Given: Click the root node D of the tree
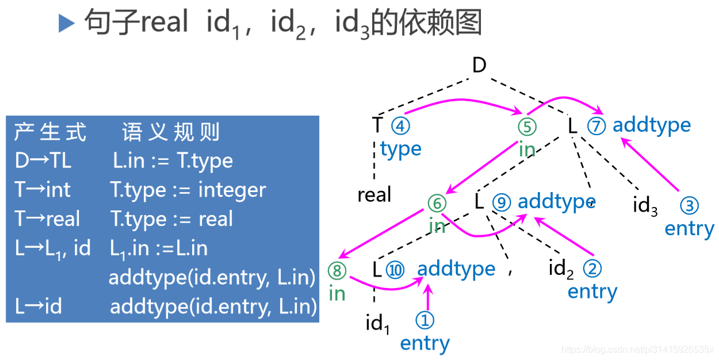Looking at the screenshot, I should (x=479, y=66).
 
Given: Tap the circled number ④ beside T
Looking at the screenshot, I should (x=401, y=125).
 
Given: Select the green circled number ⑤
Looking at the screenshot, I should (x=527, y=126).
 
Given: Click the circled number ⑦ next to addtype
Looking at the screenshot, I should (x=596, y=125).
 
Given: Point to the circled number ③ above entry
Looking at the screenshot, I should (x=689, y=205).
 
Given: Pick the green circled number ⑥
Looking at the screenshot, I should (x=437, y=202).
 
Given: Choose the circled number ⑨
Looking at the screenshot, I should (x=502, y=202).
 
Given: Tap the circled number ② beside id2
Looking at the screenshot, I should (x=592, y=269).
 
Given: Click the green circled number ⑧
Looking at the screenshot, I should (x=337, y=270).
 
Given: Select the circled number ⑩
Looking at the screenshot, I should (x=395, y=269).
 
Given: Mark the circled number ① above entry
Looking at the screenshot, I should (x=424, y=320).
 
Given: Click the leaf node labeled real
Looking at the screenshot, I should (x=374, y=195).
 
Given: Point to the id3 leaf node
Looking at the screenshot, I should (x=645, y=206).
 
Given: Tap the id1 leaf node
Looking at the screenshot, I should (x=378, y=324).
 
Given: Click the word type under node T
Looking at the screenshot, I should (x=401, y=149).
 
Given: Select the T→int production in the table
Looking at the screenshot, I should (x=43, y=190).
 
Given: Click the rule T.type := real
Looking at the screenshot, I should (x=171, y=219).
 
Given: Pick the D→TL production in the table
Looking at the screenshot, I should (x=43, y=161).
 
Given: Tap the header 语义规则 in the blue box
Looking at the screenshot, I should (x=171, y=133).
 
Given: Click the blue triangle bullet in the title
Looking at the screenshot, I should (x=67, y=24).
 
